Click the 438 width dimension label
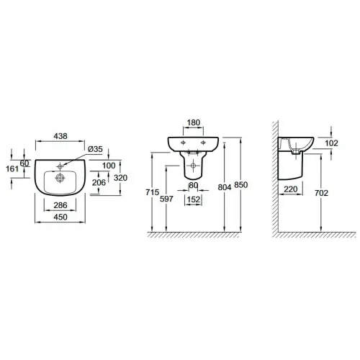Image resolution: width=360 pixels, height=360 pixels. [60, 136]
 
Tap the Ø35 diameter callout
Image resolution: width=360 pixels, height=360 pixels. [95, 149]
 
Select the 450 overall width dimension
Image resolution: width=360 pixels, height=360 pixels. [60, 217]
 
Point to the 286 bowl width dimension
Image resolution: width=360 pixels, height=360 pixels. [60, 205]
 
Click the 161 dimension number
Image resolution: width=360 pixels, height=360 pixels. [12, 169]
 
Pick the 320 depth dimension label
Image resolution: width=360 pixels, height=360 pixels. [120, 178]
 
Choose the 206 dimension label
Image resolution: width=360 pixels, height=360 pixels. [99, 183]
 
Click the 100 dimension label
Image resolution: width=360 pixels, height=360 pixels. [109, 166]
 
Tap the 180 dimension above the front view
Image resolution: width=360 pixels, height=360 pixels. [194, 122]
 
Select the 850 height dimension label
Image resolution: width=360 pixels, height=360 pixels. [240, 185]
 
